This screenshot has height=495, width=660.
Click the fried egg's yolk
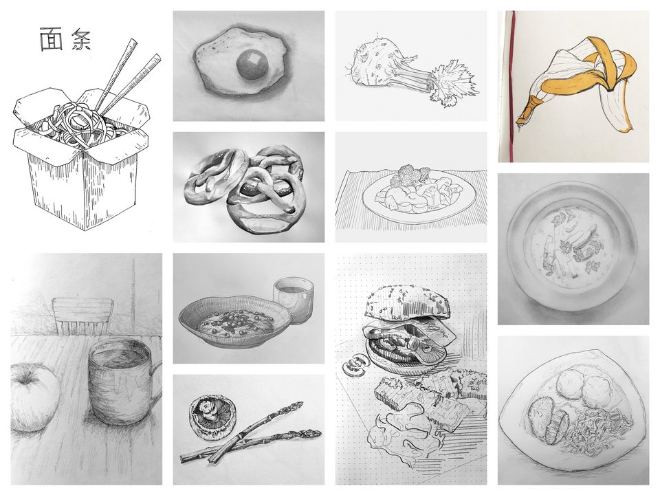pos(251,66)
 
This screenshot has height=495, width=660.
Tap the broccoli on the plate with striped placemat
pos(406,175)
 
